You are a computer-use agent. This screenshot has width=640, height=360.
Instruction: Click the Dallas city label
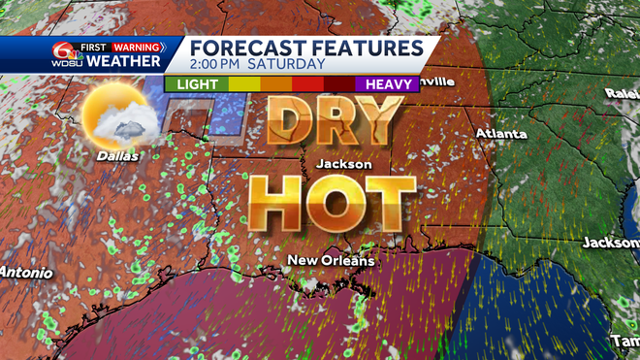[x=116, y=154]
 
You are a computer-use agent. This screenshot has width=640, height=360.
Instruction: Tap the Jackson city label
[x=343, y=164]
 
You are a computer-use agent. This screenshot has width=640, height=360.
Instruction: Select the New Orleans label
[x=331, y=260]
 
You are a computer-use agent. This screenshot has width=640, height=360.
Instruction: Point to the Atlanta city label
[x=501, y=133]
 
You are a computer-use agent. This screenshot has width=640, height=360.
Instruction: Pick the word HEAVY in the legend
[x=387, y=84]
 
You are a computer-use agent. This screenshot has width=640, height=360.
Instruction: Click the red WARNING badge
[x=136, y=45]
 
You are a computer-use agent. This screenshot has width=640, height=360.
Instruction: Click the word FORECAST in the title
[x=244, y=48]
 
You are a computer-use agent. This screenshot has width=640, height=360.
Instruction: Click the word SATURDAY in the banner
[x=288, y=65]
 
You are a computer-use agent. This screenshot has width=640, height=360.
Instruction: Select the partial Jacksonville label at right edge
[x=610, y=242]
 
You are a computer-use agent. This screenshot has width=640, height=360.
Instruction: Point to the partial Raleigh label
[x=622, y=93]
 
